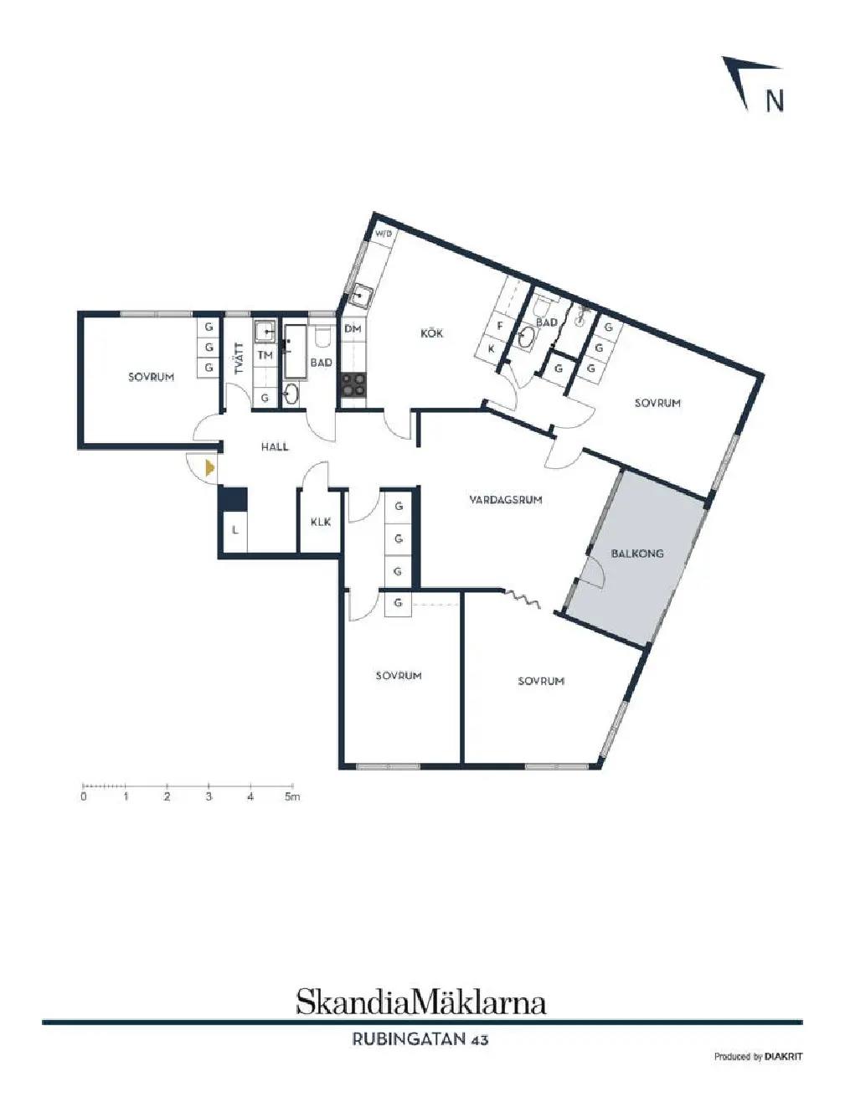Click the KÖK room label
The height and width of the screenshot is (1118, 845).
tap(431, 333)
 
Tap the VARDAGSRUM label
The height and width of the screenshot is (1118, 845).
tap(505, 500)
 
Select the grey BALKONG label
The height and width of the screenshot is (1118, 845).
tap(637, 554)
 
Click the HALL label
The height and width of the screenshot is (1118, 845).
tap(275, 446)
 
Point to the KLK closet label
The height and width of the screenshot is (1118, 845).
tap(321, 522)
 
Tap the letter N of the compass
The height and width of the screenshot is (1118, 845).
tap(774, 100)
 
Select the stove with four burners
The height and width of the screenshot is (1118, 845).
tap(353, 384)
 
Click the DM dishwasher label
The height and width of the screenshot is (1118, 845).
tap(353, 329)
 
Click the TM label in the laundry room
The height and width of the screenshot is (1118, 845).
tap(265, 355)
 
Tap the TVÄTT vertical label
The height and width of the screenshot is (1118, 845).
tap(240, 358)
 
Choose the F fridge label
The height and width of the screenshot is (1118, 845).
tap(500, 326)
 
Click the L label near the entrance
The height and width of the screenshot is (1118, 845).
tap(235, 530)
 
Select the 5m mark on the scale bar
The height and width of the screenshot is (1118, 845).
tap(292, 796)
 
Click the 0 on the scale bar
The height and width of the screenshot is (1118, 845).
tap(84, 796)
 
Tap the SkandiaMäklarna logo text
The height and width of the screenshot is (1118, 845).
tap(420, 1002)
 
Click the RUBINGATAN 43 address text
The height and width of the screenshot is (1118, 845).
tap(420, 1039)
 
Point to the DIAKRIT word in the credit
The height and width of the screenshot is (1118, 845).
tap(783, 1070)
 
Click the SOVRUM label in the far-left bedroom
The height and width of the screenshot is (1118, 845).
tap(152, 377)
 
